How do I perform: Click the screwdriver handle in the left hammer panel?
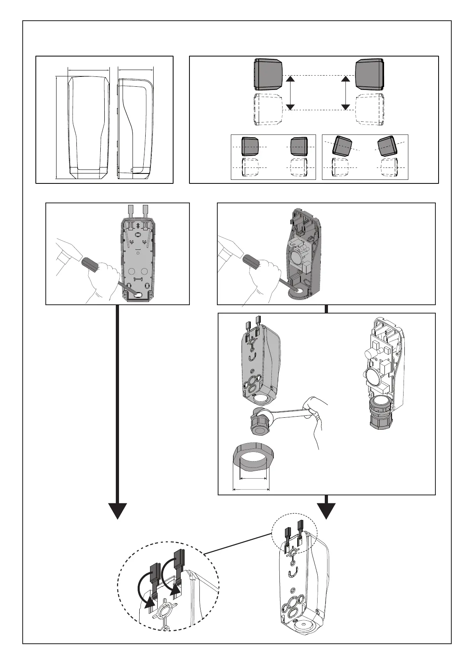click(x=95, y=264)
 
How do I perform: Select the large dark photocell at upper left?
click(x=268, y=74)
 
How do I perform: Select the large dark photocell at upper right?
click(x=370, y=74)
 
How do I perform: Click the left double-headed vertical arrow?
click(x=291, y=93)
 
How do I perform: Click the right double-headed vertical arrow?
click(x=346, y=93)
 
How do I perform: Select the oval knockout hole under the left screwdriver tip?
click(x=139, y=294)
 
